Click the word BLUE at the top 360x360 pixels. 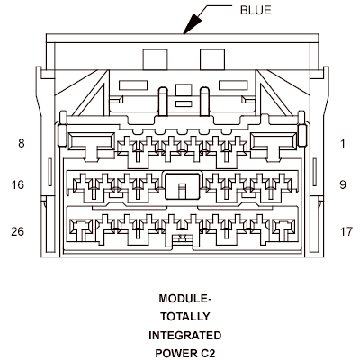(x=256, y=10)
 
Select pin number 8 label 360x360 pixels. (x=21, y=143)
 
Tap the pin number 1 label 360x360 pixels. (x=343, y=144)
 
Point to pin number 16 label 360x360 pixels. (x=18, y=184)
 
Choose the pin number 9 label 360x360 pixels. (x=343, y=184)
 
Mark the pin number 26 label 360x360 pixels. (x=17, y=231)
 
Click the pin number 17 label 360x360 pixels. (x=346, y=231)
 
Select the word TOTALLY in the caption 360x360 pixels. (x=185, y=317)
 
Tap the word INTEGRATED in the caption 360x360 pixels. (x=185, y=335)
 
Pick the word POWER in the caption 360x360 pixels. (x=175, y=353)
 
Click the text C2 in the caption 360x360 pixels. (x=208, y=353)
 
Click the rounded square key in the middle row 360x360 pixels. (x=183, y=186)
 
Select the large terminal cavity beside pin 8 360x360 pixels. (x=92, y=141)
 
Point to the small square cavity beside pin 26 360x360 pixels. (x=80, y=227)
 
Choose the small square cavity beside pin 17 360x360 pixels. (x=283, y=227)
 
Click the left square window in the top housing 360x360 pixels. (x=155, y=59)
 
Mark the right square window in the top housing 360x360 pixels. (x=212, y=59)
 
